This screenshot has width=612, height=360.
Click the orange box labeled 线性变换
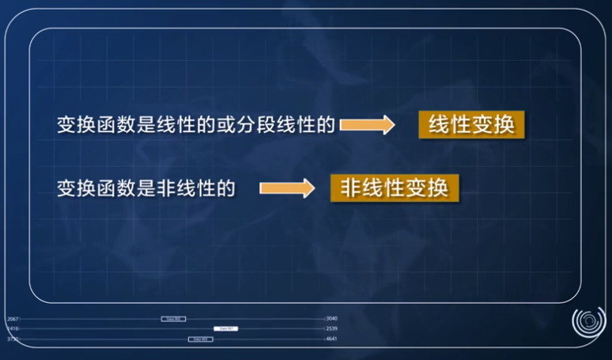tap(471, 125)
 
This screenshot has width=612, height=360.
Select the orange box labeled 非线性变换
tap(395, 188)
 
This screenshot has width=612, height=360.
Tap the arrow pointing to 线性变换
tap(367, 125)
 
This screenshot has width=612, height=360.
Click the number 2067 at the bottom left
tap(13, 319)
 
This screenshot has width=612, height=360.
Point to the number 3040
tap(331, 319)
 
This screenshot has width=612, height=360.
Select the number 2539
tap(331, 328)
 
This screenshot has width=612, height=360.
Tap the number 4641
tap(331, 339)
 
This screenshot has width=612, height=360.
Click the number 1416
tap(13, 328)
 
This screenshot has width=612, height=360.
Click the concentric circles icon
tap(587, 324)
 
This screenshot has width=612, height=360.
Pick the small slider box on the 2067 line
tap(173, 319)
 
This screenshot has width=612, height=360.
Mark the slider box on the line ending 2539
tap(225, 328)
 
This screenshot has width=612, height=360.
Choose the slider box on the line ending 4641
tap(200, 339)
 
